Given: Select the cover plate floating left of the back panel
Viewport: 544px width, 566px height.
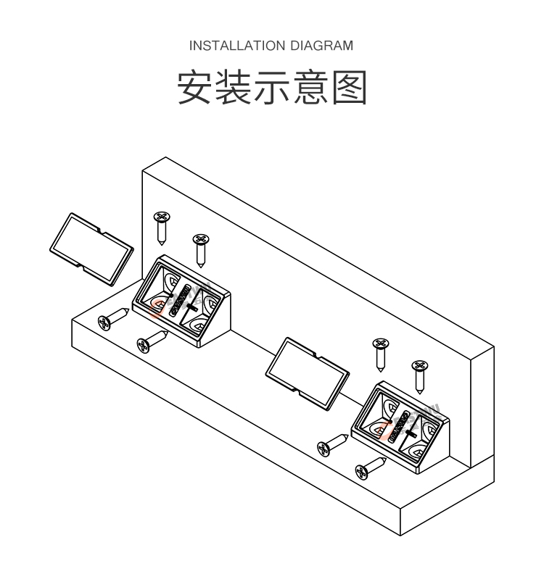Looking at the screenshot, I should pos(90,246).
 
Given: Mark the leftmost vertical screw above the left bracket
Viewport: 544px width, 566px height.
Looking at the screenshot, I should pos(162,226).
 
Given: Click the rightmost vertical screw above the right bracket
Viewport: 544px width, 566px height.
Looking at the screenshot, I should pos(419,374).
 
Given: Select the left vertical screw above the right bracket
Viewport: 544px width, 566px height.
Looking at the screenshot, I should pos(379,351).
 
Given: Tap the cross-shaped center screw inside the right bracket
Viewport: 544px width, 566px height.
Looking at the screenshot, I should pos(408,432).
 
